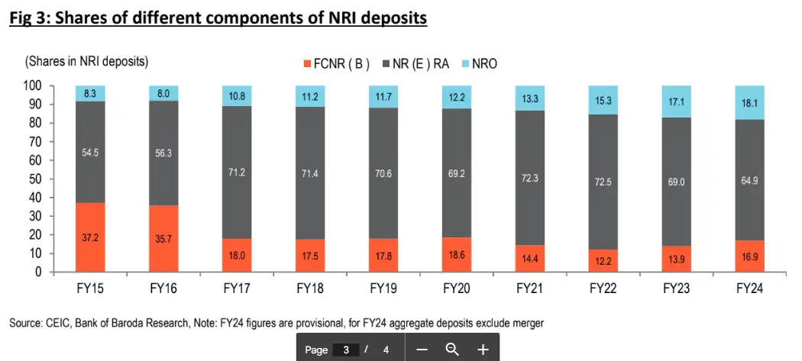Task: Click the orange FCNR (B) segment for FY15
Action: pos(90,237)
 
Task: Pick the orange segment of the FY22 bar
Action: pos(604,261)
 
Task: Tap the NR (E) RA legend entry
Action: pos(419,64)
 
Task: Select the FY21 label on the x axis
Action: pos(531,289)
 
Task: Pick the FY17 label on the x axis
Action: pos(238,289)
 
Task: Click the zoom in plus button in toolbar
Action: pos(483,350)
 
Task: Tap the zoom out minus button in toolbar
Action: pos(422,350)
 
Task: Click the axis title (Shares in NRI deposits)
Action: pos(87,60)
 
